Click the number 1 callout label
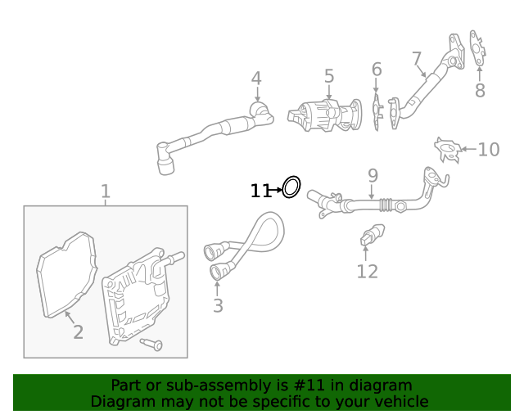(x=106, y=192)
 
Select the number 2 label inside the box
(x=78, y=331)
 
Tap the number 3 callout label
(x=218, y=306)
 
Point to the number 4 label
(x=256, y=79)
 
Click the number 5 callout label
(x=329, y=77)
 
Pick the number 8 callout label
(x=480, y=91)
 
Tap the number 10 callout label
(x=489, y=149)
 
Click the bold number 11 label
(x=260, y=191)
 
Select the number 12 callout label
(x=367, y=271)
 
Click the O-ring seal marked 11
(x=291, y=187)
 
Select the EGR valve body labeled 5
(x=321, y=114)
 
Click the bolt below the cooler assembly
(x=151, y=344)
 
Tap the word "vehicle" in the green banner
(x=400, y=402)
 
